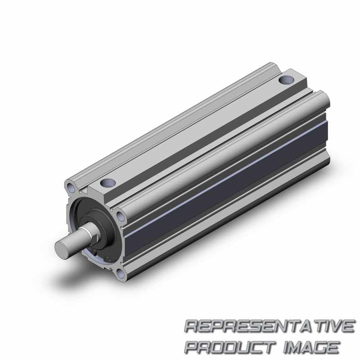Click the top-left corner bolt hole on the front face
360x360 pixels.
pyautogui.click(x=71, y=188)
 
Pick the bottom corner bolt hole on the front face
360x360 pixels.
pyautogui.click(x=121, y=274)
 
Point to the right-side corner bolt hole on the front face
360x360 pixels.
pyautogui.click(x=121, y=216)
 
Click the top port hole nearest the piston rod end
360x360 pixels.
pyautogui.click(x=108, y=183)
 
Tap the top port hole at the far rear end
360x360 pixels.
pyautogui.click(x=286, y=80)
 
